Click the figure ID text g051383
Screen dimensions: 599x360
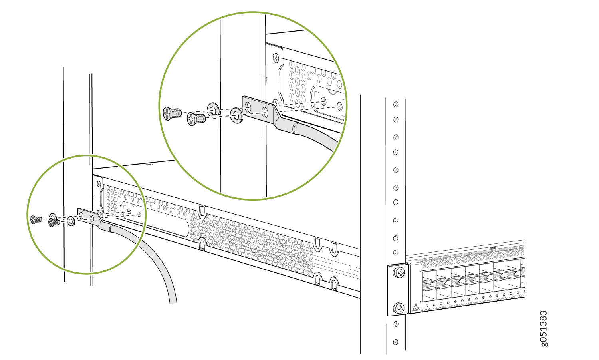pos(544,329)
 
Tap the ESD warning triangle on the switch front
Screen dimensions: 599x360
pos(416,307)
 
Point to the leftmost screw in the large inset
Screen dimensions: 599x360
pos(172,113)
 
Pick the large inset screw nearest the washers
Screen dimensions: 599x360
pos(196,119)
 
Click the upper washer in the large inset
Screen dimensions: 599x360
pos(213,109)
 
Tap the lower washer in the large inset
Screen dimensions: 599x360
pos(237,115)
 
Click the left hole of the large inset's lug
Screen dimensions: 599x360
pos(248,107)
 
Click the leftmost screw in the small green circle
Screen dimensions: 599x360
pos(36,219)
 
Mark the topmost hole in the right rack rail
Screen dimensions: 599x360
pos(396,104)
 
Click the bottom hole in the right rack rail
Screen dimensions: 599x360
pos(396,342)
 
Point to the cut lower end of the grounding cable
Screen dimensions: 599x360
pos(173,303)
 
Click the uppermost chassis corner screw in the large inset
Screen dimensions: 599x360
pos(276,58)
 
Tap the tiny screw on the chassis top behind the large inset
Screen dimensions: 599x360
pos(149,164)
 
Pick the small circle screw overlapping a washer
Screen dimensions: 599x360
pos(54,222)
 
